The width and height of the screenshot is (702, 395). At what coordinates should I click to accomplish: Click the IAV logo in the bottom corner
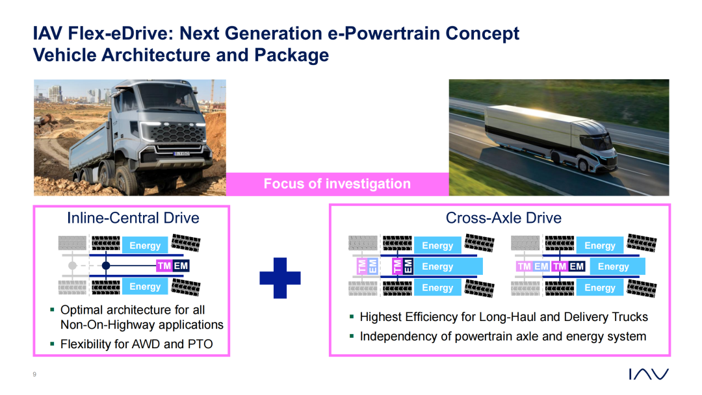[649, 374]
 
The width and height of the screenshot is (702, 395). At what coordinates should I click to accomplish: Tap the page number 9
[34, 374]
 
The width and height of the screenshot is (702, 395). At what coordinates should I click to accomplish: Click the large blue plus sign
[279, 278]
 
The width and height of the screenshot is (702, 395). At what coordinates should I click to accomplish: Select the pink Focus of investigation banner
[337, 184]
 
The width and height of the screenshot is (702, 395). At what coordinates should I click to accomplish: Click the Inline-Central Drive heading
[133, 218]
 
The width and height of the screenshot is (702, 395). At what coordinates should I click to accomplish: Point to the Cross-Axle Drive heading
[503, 218]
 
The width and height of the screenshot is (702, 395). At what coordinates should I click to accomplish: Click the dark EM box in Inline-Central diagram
[181, 266]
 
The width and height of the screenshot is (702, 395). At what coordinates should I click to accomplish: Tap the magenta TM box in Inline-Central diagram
[164, 266]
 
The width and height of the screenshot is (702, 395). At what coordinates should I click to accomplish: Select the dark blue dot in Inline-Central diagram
[106, 266]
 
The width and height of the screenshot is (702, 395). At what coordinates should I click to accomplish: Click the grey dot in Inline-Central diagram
[73, 266]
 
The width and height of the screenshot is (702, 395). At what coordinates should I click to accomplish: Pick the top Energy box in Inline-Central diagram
[145, 245]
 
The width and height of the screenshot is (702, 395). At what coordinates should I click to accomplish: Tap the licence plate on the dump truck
[181, 154]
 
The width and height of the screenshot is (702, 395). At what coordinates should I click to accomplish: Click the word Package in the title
[291, 55]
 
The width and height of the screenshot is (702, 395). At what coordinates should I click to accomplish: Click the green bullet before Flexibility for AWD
[53, 344]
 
